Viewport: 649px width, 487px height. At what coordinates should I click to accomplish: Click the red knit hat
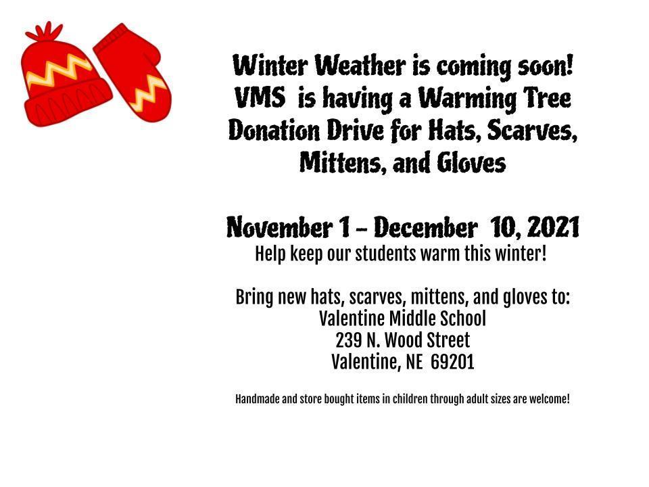[x=64, y=81]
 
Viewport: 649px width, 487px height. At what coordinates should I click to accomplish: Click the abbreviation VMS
[x=259, y=99]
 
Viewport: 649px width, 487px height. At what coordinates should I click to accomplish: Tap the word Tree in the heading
[x=546, y=99]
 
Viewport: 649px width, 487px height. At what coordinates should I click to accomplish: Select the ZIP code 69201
[x=452, y=363]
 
